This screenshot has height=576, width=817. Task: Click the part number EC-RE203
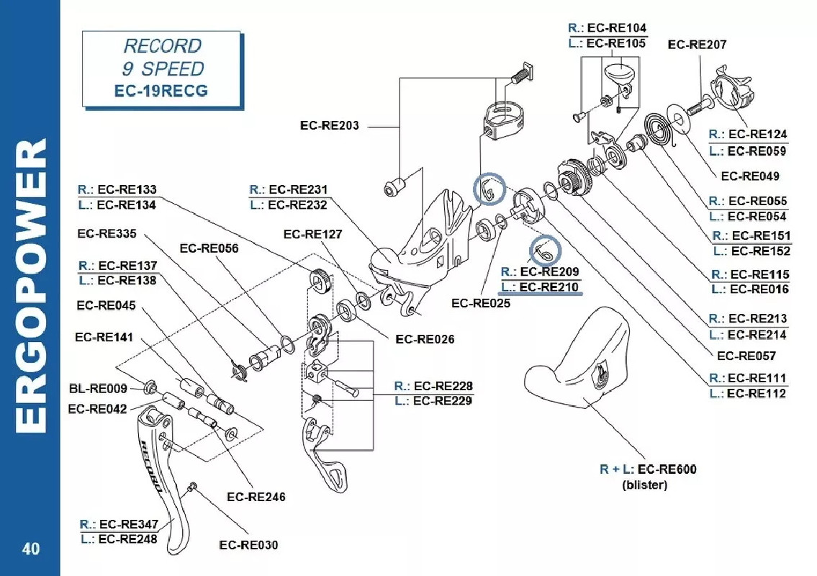(329, 125)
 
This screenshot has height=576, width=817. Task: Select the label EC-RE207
(697, 45)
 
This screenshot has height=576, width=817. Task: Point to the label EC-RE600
(667, 469)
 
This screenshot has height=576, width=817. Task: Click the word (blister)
(644, 485)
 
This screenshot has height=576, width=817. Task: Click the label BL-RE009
(99, 389)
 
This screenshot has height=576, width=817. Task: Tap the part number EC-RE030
(248, 545)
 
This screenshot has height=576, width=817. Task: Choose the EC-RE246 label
(256, 497)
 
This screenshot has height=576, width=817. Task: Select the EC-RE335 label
(107, 233)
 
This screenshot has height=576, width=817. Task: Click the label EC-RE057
(746, 356)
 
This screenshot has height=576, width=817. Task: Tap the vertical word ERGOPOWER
(31, 288)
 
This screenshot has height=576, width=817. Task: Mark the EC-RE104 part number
(617, 28)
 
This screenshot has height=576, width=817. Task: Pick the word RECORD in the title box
(163, 46)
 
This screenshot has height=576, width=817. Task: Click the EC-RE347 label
(127, 523)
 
